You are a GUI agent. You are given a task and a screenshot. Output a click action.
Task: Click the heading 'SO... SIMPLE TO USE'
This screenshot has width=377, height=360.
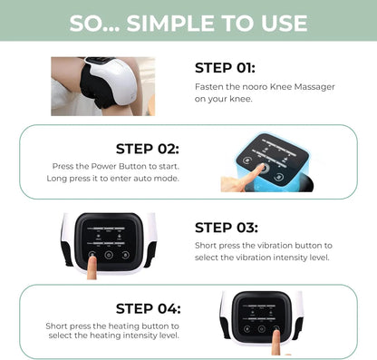pyautogui.click(x=188, y=21)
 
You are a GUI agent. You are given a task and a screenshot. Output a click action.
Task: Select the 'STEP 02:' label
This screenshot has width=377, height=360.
pyautogui.click(x=147, y=148)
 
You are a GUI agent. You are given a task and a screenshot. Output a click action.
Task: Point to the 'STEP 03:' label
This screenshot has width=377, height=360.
pyautogui.click(x=227, y=228)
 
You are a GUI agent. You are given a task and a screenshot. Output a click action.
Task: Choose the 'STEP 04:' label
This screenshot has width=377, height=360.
pyautogui.click(x=148, y=308)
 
